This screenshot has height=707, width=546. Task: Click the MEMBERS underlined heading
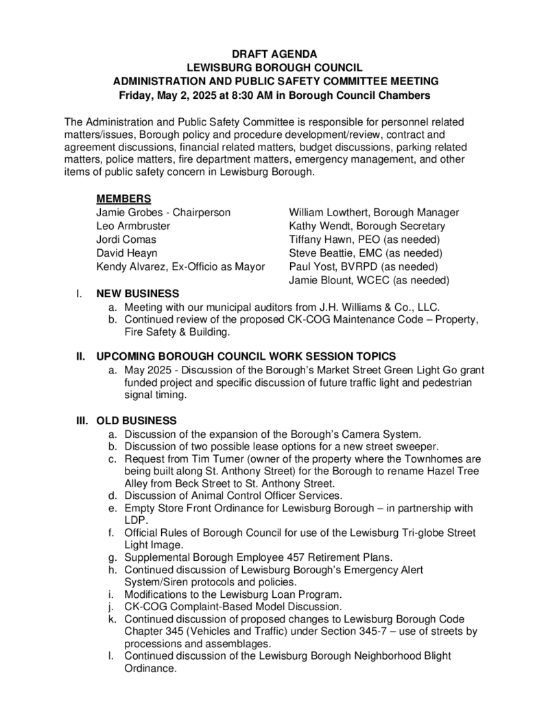point(123,199)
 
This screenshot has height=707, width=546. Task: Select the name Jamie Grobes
point(128,213)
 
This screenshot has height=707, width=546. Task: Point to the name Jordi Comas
point(126,240)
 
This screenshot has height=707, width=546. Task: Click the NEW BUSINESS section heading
point(138,293)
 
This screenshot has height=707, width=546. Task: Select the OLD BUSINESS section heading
point(136,420)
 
